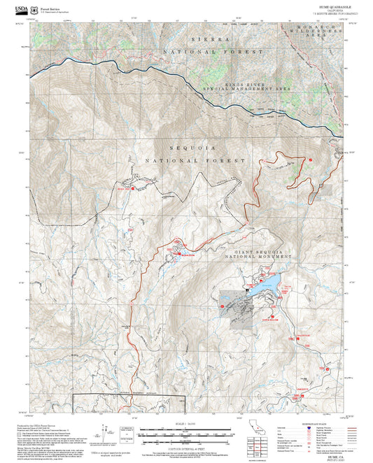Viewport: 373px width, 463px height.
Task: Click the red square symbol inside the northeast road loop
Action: click(310, 161)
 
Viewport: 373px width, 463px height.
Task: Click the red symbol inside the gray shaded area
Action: click(223, 306)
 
